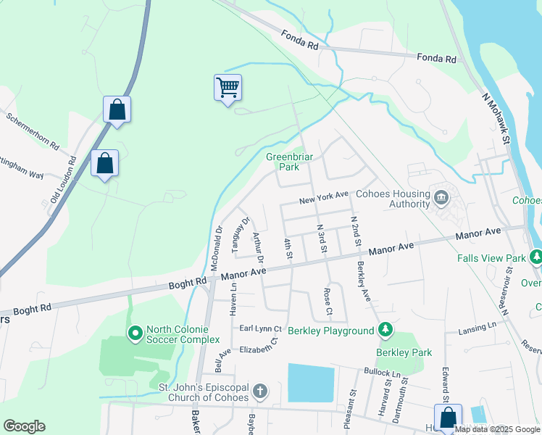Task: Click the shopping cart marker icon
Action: click(x=228, y=88)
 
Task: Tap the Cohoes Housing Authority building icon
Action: click(x=441, y=196)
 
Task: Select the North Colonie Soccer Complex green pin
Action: click(x=135, y=333)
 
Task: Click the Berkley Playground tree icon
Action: click(x=386, y=331)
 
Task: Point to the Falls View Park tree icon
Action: click(x=535, y=257)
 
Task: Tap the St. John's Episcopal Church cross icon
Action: click(x=260, y=392)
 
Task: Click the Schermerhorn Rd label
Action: click(x=32, y=131)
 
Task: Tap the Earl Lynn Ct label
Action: click(x=261, y=328)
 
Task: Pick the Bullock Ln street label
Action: click(x=383, y=371)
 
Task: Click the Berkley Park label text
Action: click(x=404, y=353)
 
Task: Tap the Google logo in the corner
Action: click(x=24, y=426)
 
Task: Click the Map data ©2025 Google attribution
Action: click(x=498, y=429)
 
